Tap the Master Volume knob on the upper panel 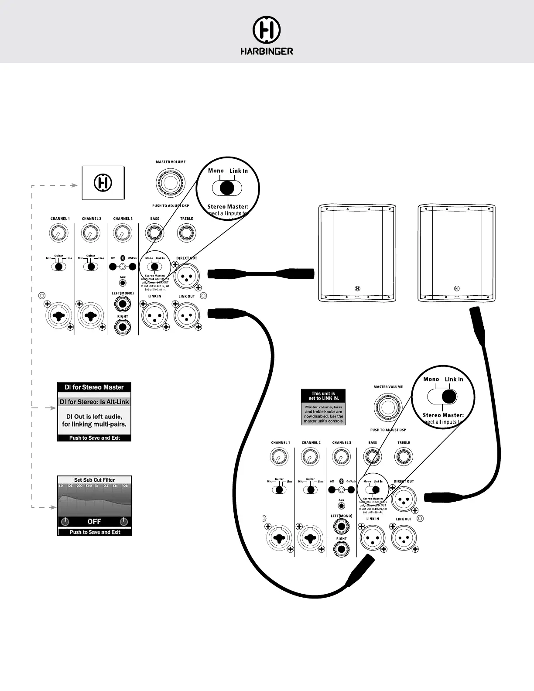[171, 182]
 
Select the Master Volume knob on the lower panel [388, 407]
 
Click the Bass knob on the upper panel [154, 233]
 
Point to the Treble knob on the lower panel [404, 457]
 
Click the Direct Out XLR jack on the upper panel [186, 276]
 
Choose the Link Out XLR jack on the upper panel [187, 315]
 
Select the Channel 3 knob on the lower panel [341, 457]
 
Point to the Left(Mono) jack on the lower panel [341, 527]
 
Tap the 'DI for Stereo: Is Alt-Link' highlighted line [94, 402]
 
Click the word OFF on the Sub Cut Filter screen [94, 521]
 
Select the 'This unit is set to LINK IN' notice [323, 396]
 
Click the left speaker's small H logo [358, 288]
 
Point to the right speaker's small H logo [457, 288]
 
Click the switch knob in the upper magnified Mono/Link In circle [226, 188]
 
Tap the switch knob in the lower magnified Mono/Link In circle [449, 396]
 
